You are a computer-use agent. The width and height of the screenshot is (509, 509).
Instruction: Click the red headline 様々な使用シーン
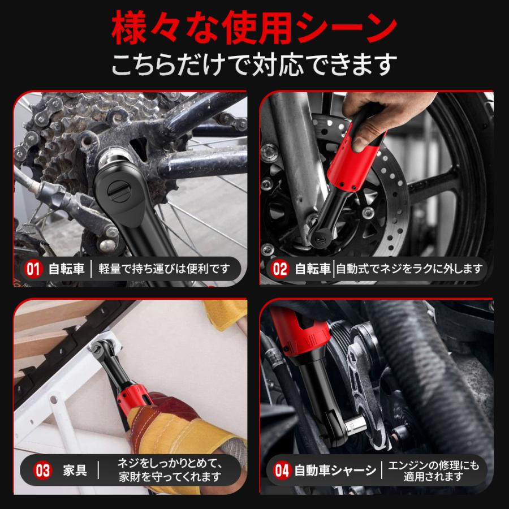254,28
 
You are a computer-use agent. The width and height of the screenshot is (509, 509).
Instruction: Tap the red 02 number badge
281,269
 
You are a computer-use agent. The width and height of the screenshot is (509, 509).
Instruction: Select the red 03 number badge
43,470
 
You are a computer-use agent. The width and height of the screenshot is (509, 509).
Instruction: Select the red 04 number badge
281,470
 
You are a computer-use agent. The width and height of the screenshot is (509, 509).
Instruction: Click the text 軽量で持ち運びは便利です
165,269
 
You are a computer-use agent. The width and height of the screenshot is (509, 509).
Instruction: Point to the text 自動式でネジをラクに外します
409,269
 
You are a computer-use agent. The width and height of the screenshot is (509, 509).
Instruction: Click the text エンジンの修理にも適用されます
434,470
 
